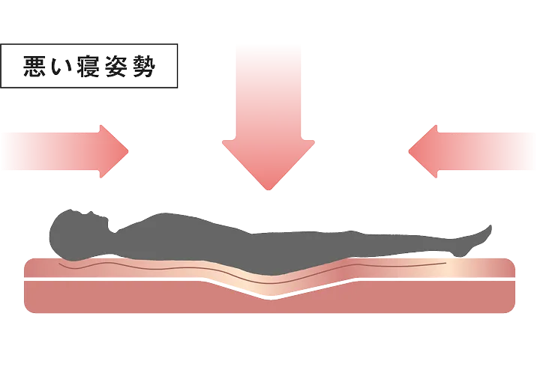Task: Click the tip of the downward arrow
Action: (268, 187)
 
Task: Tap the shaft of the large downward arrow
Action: (268, 90)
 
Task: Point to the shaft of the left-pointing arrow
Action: (487, 151)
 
